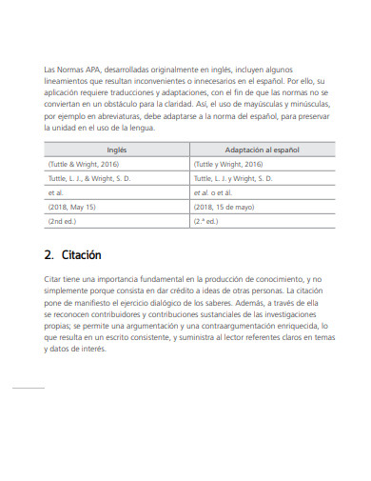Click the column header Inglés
pyautogui.click(x=116, y=150)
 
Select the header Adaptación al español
pyautogui.click(x=262, y=150)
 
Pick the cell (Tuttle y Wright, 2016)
pyautogui.click(x=228, y=164)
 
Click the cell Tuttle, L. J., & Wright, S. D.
pyautogui.click(x=88, y=177)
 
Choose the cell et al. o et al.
pyautogui.click(x=214, y=191)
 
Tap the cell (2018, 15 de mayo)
pyautogui.click(x=225, y=206)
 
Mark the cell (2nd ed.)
pyautogui.click(x=62, y=220)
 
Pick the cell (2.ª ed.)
pyautogui.click(x=207, y=220)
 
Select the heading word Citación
pyautogui.click(x=82, y=255)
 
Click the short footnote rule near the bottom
pyautogui.click(x=28, y=388)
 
